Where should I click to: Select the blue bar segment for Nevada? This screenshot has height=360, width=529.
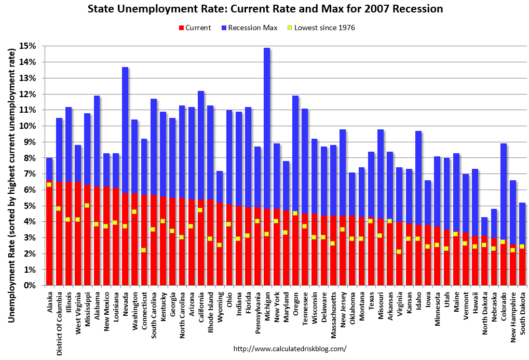point(125,130)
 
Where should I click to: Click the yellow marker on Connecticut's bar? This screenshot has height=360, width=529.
point(144,250)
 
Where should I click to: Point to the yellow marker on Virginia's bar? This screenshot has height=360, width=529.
point(399,251)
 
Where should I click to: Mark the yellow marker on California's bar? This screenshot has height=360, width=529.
point(200,210)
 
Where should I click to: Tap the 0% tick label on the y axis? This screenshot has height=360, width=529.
point(31,286)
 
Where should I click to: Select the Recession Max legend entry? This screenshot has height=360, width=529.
point(249,28)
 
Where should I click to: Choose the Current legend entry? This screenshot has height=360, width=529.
point(195,28)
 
